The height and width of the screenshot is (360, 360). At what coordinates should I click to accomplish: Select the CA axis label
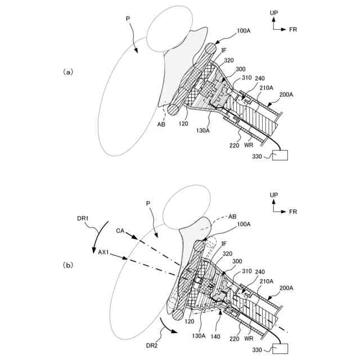120,229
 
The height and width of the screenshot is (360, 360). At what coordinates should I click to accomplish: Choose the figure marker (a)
67,71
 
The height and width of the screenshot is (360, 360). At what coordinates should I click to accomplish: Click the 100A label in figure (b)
244,224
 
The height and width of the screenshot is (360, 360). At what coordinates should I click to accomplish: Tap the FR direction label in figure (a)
293,29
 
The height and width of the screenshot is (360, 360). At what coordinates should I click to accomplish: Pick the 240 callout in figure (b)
259,271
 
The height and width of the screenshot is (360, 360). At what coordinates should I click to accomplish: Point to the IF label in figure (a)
223,51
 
